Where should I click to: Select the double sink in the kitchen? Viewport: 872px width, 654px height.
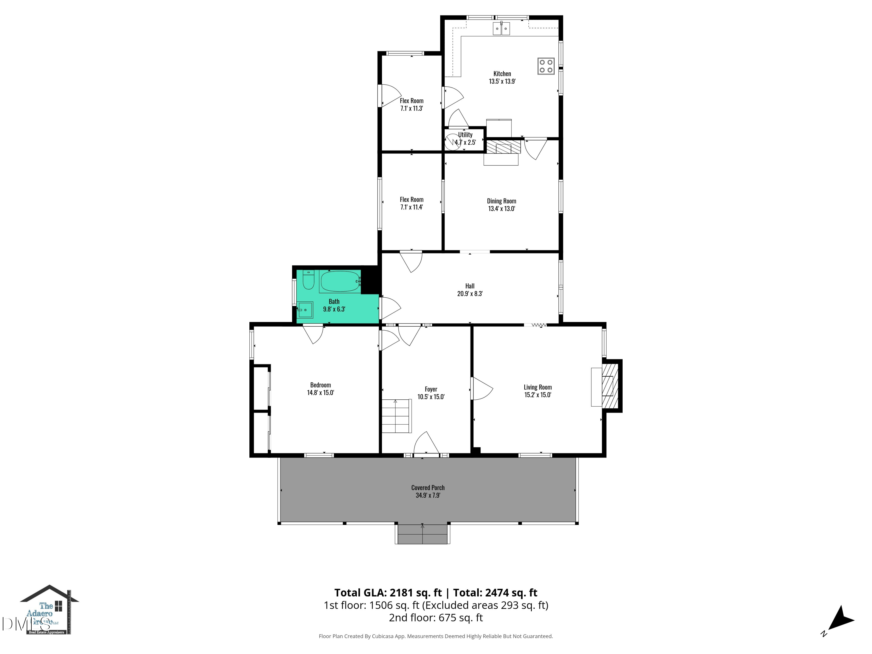click(501, 29)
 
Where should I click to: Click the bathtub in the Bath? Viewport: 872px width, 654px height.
click(339, 281)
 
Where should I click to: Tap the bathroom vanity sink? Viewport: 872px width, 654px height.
click(305, 310)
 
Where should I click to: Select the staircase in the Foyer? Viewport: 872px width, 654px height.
click(396, 416)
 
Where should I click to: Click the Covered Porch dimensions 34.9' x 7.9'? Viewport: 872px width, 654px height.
click(428, 495)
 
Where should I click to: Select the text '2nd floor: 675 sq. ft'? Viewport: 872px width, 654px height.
click(436, 618)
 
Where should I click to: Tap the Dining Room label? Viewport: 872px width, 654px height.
click(501, 201)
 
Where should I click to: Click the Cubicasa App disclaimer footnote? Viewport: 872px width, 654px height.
click(436, 636)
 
